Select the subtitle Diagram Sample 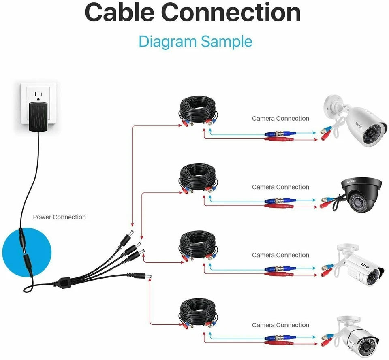tap(195, 41)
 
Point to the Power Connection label tap(59, 217)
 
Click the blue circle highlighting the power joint tap(26, 251)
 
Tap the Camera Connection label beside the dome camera tap(280, 187)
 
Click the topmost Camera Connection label tap(280, 119)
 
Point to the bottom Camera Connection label tap(280, 325)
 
